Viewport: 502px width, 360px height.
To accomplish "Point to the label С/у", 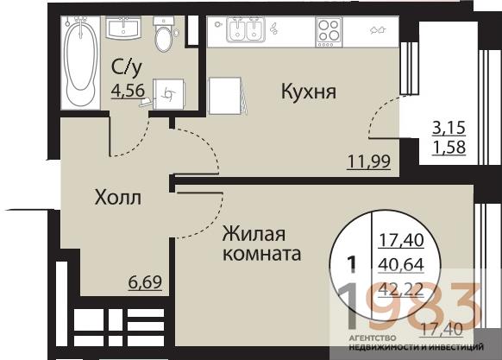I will click(127, 66).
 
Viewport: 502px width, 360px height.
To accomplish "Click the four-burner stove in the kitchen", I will click(329, 32).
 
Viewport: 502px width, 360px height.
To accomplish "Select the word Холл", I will click(117, 198).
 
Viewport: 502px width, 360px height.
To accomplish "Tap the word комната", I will click(261, 256).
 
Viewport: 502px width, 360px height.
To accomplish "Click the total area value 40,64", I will click(396, 262).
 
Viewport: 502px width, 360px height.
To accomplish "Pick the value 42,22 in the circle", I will click(396, 287).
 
